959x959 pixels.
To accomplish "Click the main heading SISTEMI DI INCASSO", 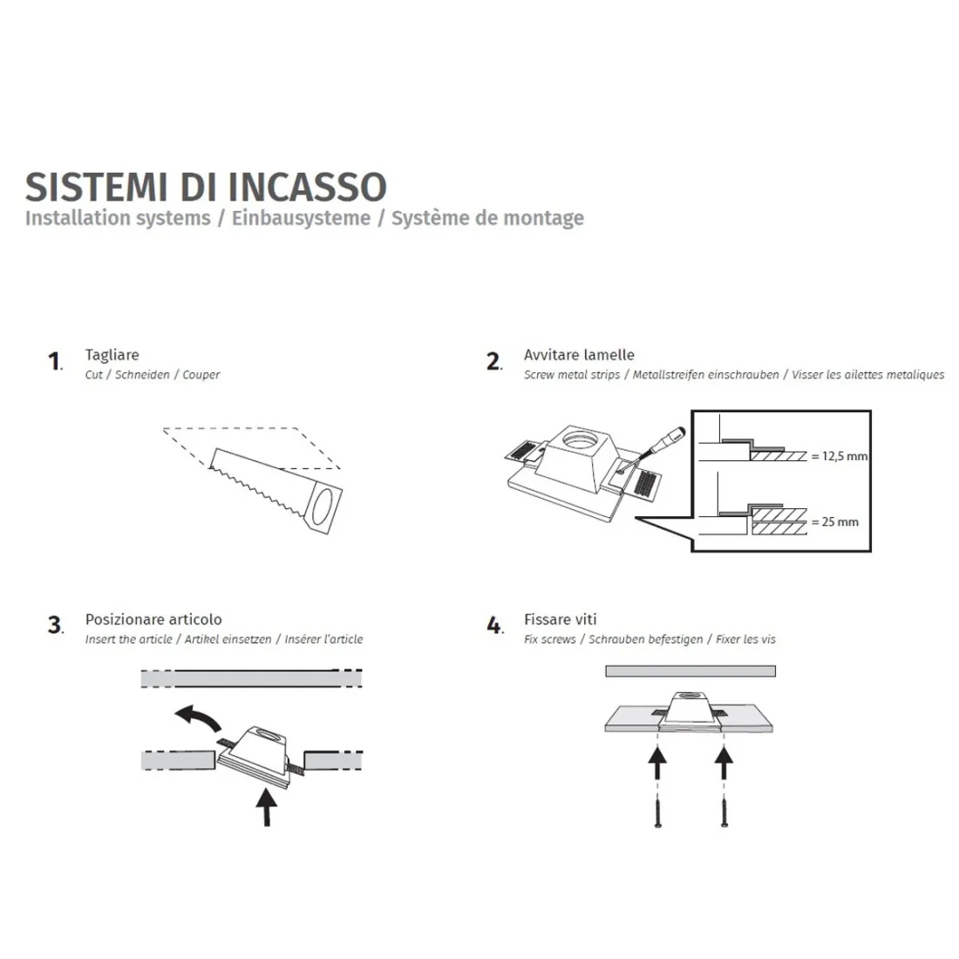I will [x=206, y=187].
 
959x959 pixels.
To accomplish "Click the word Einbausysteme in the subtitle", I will [x=301, y=218].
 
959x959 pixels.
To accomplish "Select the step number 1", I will [x=54, y=361].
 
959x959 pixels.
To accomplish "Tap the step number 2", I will [x=493, y=361].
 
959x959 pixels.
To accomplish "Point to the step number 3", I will [x=55, y=625].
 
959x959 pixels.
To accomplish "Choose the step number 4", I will [x=494, y=625].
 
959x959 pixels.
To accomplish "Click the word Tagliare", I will [x=112, y=355].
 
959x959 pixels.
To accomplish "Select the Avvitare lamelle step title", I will [x=579, y=355].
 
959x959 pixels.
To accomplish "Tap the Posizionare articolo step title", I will [x=153, y=619].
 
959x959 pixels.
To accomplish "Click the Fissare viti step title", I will [x=560, y=619].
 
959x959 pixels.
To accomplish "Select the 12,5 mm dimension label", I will [x=840, y=456].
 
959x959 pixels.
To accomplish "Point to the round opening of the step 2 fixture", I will [x=578, y=435].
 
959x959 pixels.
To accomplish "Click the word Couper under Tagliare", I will [x=201, y=375].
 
